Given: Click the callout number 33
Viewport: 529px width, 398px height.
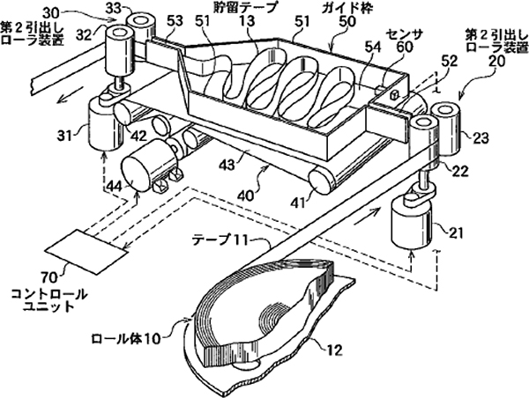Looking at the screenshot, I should (x=114, y=9).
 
